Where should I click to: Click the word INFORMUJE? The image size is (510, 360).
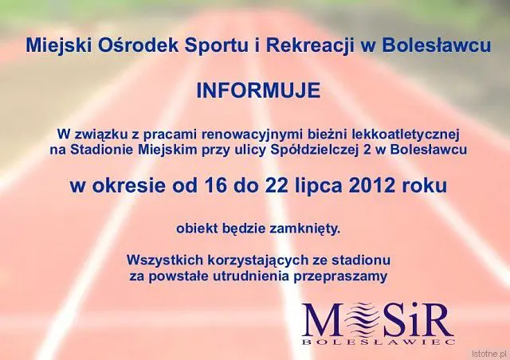click(258, 91)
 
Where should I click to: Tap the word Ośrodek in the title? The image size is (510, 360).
click(138, 45)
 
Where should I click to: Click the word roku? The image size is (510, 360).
click(424, 186)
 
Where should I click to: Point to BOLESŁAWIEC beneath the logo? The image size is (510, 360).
click(379, 342)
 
